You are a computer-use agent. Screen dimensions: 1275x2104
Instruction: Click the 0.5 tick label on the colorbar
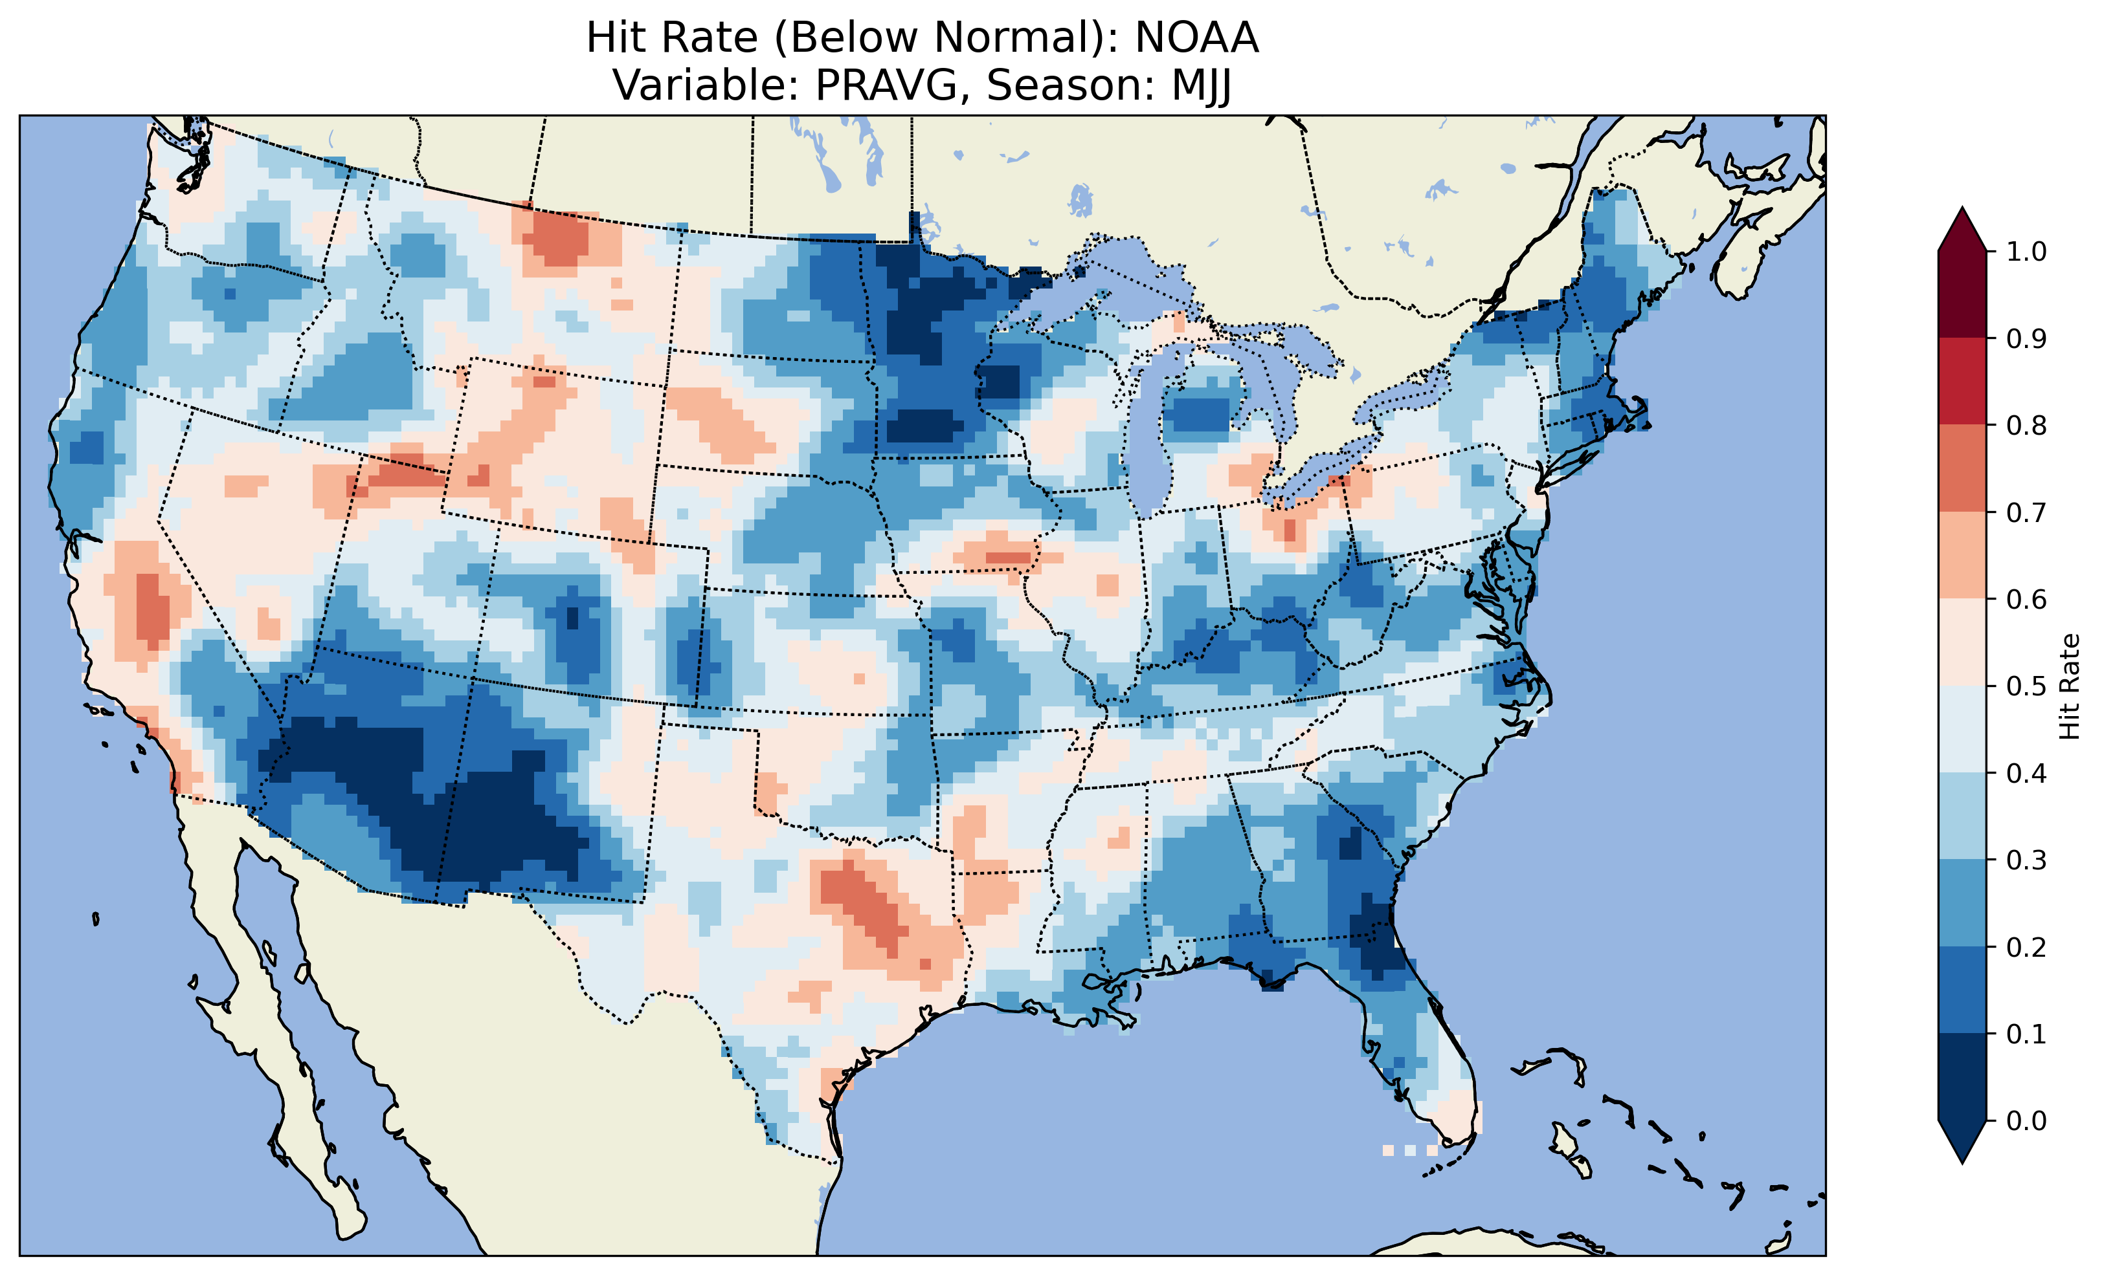tap(2026, 686)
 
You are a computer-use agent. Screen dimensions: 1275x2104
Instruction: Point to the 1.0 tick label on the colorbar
tap(2026, 252)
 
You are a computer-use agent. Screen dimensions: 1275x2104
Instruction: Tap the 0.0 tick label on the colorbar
tap(2026, 1120)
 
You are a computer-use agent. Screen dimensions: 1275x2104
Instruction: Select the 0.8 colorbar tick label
tap(2026, 425)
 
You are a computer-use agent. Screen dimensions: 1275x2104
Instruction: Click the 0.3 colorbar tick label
tap(2026, 860)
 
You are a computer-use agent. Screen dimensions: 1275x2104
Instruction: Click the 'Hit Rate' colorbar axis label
tap(2069, 686)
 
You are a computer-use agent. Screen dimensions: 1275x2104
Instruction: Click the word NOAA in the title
tap(1196, 38)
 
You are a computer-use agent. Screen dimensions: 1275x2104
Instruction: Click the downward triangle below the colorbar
tap(1962, 1141)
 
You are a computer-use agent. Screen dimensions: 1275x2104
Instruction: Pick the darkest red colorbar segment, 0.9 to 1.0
tap(1962, 294)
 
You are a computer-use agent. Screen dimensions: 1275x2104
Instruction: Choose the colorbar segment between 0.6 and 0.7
tap(1962, 556)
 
